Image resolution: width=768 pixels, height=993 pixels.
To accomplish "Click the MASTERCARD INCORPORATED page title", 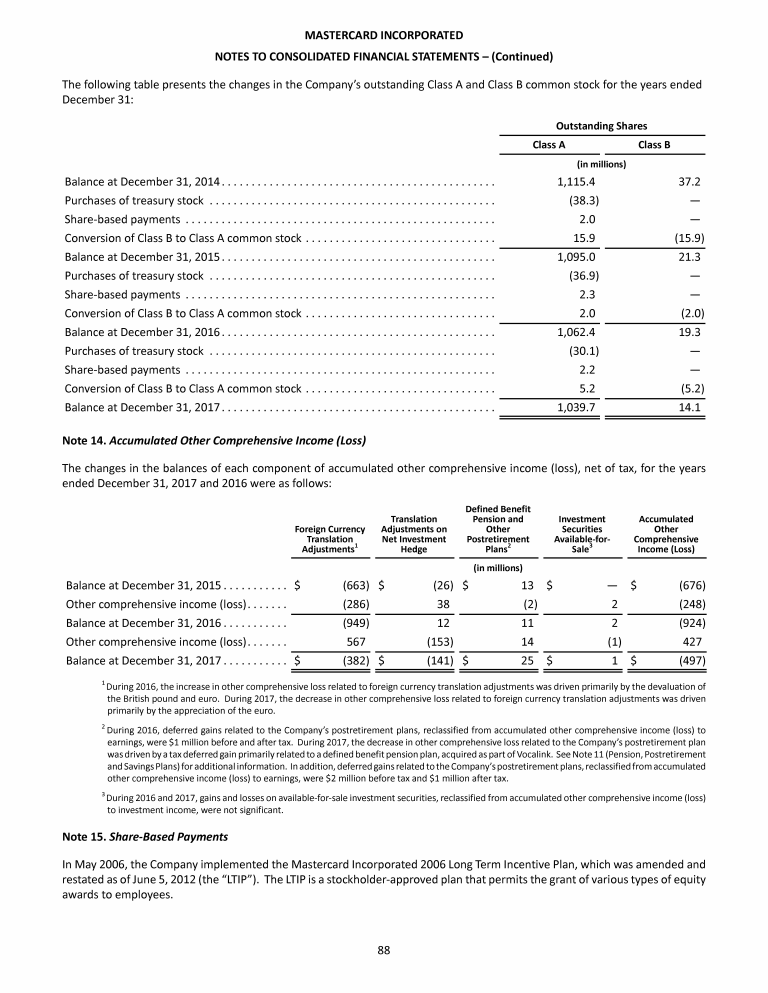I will (x=383, y=35).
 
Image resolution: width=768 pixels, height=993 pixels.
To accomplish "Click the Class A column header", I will (x=548, y=145).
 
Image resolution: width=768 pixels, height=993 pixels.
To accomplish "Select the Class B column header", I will (x=653, y=145).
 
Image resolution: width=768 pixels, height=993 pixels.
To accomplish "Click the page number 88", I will (x=383, y=950).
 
